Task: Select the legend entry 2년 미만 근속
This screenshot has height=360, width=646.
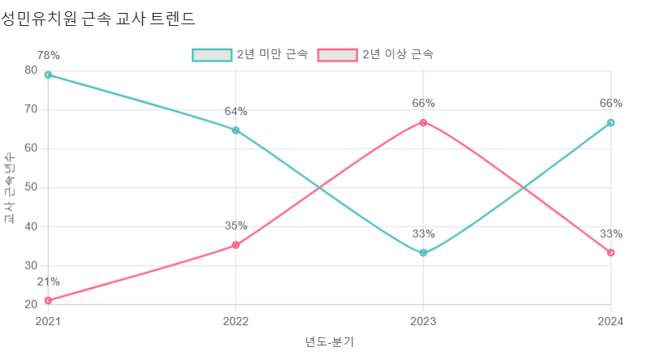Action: coord(250,55)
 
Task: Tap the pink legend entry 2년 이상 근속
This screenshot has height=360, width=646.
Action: coord(376,55)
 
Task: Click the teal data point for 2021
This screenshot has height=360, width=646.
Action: coord(49,74)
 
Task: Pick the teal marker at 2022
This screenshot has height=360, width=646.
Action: coord(235,129)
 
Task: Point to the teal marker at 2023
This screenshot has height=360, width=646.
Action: coord(423,253)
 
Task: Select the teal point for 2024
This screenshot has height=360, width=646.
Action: coord(610,123)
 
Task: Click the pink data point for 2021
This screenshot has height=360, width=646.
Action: coord(49,300)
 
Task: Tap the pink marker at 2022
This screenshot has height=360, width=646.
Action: coord(235,245)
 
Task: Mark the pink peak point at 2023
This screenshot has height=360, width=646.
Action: coord(423,122)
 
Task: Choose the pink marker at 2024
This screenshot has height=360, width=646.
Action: coord(610,252)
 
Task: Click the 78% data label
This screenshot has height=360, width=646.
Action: coord(49,55)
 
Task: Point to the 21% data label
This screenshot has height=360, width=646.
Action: coord(49,282)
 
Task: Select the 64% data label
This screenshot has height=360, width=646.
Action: coord(235,111)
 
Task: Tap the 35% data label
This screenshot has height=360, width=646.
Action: coord(235,226)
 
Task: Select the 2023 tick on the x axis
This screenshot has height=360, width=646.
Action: coord(423,321)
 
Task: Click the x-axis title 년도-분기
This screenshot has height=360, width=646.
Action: coord(329,341)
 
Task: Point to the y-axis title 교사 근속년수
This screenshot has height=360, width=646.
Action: coord(10,187)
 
